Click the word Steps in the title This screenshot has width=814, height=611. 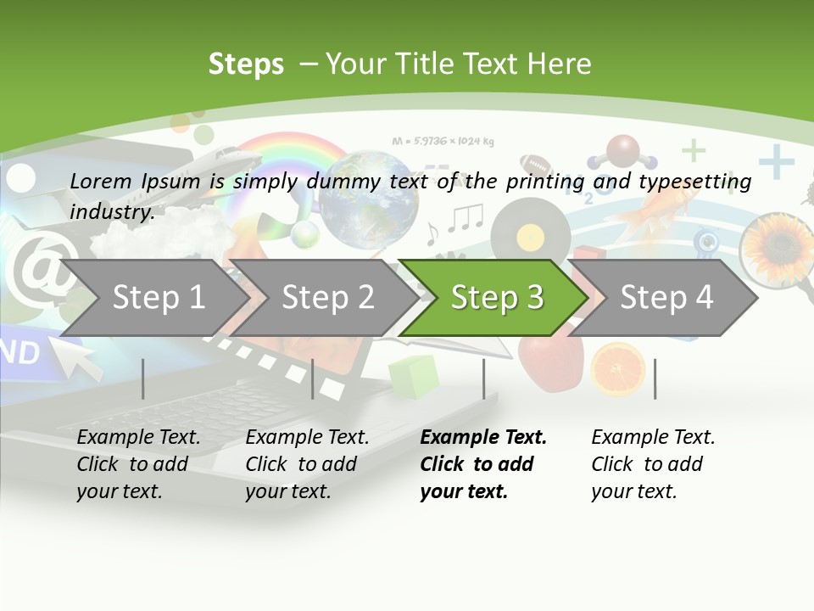(x=246, y=64)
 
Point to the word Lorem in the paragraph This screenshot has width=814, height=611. (x=101, y=181)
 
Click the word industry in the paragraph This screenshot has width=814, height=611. (x=111, y=212)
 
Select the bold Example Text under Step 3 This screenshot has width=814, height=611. (x=483, y=438)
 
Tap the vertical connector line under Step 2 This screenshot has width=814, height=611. (x=312, y=378)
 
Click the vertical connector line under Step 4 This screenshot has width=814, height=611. (x=655, y=378)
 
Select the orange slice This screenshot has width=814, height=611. (x=618, y=368)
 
